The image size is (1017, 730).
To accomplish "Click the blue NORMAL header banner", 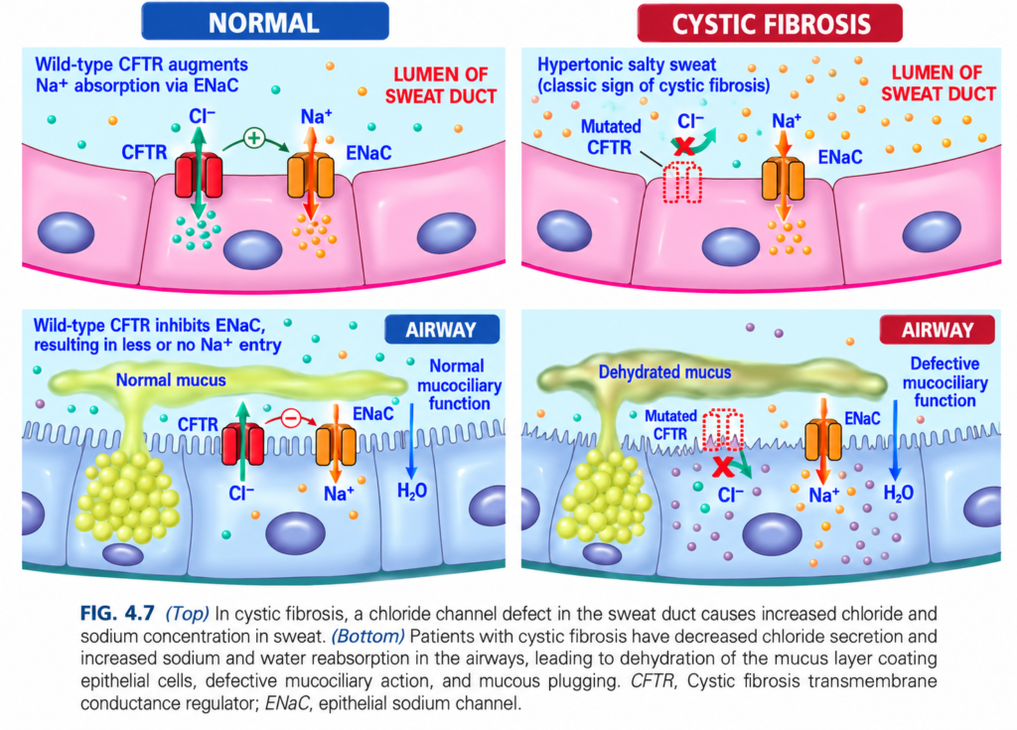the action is (264, 22).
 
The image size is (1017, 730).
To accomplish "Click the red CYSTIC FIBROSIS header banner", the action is (770, 24).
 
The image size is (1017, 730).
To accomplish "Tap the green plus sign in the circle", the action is (254, 138).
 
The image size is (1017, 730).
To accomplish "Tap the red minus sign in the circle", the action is (291, 419).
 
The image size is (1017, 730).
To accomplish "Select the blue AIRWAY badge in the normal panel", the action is (442, 330).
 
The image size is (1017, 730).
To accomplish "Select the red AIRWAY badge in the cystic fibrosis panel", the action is (938, 330).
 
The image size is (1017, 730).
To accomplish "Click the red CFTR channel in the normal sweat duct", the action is (199, 175).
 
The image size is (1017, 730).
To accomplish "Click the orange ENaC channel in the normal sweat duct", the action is (311, 175).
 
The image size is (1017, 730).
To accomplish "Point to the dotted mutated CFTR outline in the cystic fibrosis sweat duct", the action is (681, 183).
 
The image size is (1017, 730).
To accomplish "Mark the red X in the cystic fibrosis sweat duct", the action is (683, 145).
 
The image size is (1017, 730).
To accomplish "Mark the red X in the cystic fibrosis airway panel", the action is (724, 466).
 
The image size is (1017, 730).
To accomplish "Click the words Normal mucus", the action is (171, 379).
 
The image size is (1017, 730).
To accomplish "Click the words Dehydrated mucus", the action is (664, 371).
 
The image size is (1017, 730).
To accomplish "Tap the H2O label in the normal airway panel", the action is (412, 491).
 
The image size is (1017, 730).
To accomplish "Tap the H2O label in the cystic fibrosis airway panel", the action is (898, 494).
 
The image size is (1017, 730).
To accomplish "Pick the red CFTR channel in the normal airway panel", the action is (242, 444).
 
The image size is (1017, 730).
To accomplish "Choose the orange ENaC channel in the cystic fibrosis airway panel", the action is (823, 440).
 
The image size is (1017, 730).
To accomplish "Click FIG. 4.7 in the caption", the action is (117, 613).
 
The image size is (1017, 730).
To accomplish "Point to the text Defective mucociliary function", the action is (945, 382).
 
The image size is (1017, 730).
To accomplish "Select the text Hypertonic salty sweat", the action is (627, 65).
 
